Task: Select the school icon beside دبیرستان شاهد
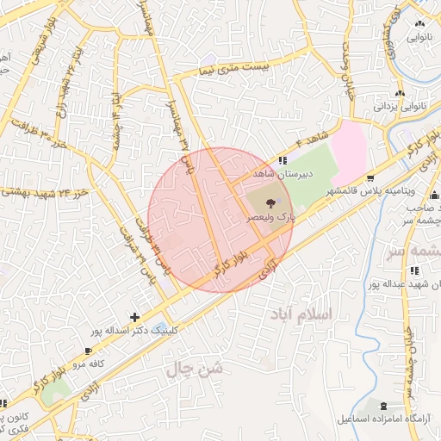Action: pyautogui.click(x=283, y=159)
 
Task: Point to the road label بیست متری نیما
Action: pyautogui.click(x=232, y=67)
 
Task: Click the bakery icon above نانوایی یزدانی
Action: pyautogui.click(x=399, y=93)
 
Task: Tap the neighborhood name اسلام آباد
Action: pyautogui.click(x=299, y=313)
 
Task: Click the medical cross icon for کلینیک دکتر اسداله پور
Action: pyautogui.click(x=134, y=317)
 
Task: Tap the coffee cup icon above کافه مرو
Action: pyautogui.click(x=90, y=351)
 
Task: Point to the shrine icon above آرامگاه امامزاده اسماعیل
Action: pyautogui.click(x=382, y=405)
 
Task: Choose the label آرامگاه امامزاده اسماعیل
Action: pyautogui.click(x=384, y=419)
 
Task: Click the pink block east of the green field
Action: pyautogui.click(x=352, y=146)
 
